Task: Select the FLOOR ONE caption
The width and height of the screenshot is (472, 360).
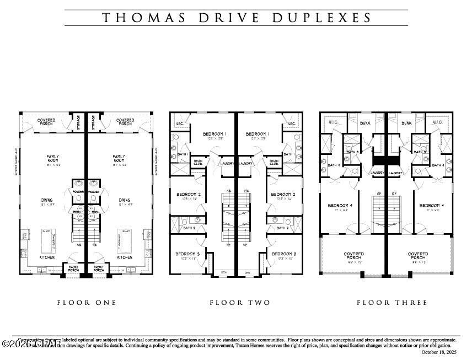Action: (87, 303)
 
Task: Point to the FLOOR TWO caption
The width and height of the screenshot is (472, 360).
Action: (240, 303)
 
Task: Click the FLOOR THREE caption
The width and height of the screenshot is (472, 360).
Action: (392, 303)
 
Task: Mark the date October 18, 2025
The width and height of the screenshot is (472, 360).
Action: (438, 352)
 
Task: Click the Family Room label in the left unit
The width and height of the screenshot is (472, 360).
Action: (52, 159)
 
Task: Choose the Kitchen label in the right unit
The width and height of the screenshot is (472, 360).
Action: (125, 257)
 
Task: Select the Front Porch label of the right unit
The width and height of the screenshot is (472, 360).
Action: (99, 268)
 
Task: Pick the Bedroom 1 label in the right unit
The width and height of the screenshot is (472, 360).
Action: (258, 134)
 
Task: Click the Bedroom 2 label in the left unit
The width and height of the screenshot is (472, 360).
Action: (189, 194)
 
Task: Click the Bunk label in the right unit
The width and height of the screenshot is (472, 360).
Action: (407, 123)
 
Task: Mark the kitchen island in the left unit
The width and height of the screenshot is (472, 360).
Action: (48, 238)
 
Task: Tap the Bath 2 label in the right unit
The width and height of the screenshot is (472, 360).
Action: (282, 228)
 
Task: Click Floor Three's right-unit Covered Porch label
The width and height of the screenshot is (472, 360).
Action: (417, 256)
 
